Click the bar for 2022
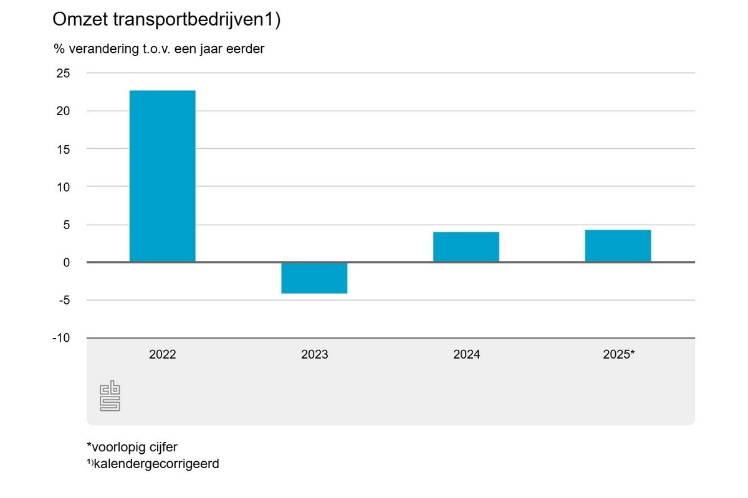point(162,176)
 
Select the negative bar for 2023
point(314,278)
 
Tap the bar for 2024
point(466,247)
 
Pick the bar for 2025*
point(618,246)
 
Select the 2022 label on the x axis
point(162,355)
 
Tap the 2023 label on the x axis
point(314,355)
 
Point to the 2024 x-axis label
point(466,355)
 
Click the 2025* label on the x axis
point(619,355)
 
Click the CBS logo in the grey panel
point(110,397)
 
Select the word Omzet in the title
point(79,20)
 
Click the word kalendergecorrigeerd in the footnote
point(156,464)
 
